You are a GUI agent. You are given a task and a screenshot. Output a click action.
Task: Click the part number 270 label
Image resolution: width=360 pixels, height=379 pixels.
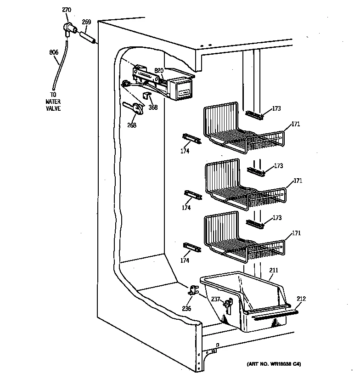pyautogui.click(x=67, y=10)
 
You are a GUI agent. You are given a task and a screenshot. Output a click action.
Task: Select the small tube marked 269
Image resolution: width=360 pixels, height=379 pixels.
pyautogui.click(x=88, y=37)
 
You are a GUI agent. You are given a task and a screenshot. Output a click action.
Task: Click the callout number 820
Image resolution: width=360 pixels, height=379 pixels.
pyautogui.click(x=159, y=70)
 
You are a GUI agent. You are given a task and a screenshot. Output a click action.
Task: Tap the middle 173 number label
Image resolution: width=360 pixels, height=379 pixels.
pyautogui.click(x=278, y=166)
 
